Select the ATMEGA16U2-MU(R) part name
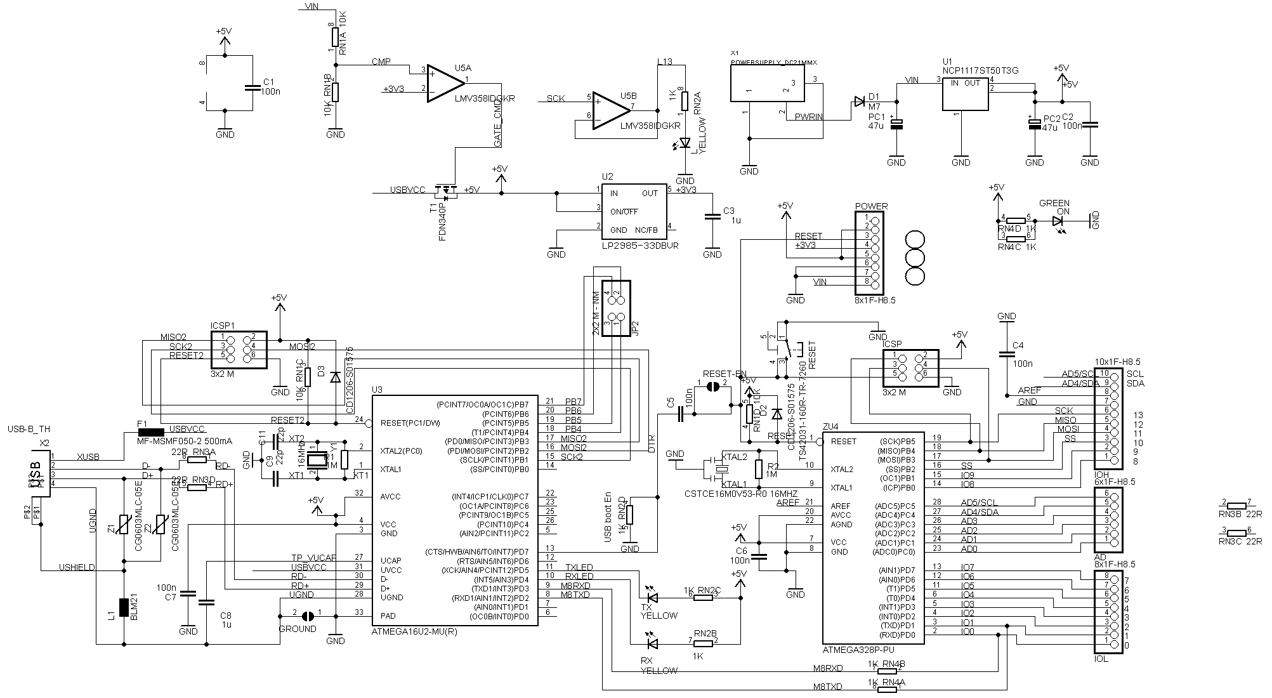coord(414,632)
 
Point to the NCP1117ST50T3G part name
coord(980,71)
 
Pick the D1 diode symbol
coord(859,102)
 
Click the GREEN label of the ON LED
coord(1054,204)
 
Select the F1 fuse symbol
coord(150,432)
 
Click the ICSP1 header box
coord(239,350)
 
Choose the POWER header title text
coord(871,206)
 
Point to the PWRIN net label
coord(809,117)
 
